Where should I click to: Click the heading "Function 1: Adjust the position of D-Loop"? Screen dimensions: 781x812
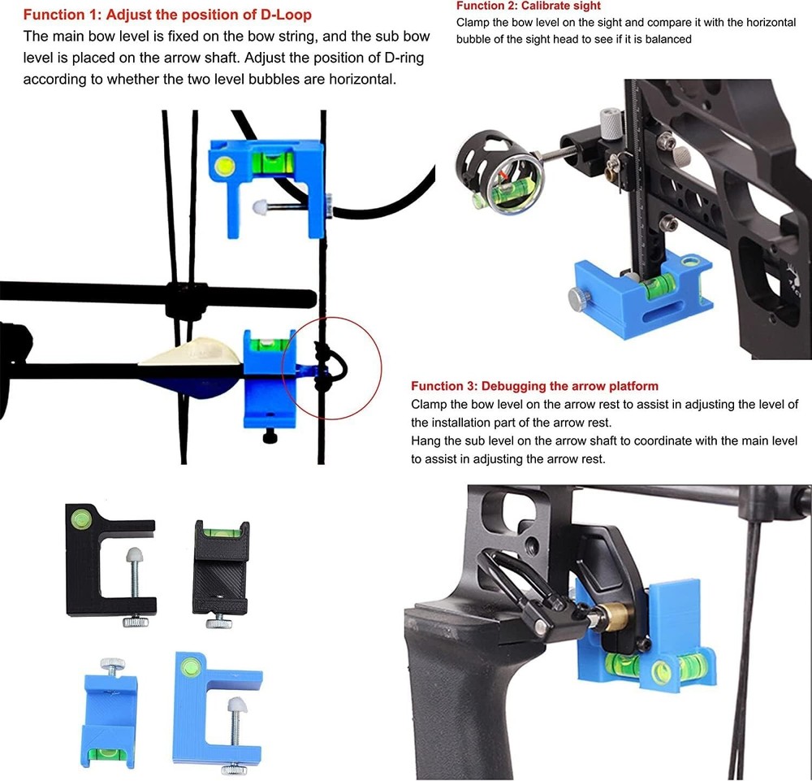pyautogui.click(x=166, y=15)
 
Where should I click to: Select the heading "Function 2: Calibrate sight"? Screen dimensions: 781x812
pyautogui.click(x=529, y=6)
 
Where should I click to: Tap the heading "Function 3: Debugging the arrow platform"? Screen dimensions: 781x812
pyautogui.click(x=534, y=385)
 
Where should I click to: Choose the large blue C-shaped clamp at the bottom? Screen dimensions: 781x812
pyautogui.click(x=215, y=707)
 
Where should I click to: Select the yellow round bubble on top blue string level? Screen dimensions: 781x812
pyautogui.click(x=226, y=167)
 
